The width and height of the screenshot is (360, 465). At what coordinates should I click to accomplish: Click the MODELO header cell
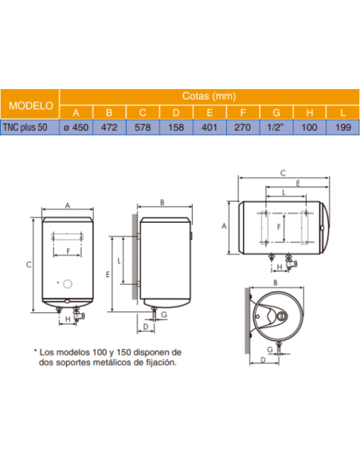tap(30, 104)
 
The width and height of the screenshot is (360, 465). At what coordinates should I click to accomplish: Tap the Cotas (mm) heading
tap(209, 96)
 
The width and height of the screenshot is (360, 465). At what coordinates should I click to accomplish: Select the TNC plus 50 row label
tap(30, 126)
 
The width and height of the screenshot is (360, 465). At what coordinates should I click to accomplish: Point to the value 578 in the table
tap(143, 126)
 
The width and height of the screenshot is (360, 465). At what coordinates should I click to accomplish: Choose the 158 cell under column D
tap(176, 126)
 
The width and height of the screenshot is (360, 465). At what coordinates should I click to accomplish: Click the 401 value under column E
tap(209, 126)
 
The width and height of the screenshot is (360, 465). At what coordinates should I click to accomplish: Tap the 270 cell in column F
tap(243, 126)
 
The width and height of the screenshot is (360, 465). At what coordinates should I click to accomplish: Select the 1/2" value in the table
tap(276, 126)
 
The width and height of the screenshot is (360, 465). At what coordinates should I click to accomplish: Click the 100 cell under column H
tap(310, 126)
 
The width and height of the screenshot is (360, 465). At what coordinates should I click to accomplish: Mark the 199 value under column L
tap(342, 126)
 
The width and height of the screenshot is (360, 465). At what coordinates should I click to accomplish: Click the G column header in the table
tap(276, 111)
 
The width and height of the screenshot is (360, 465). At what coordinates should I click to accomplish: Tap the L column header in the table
tap(342, 111)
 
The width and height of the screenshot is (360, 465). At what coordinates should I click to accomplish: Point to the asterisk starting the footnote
tap(35, 351)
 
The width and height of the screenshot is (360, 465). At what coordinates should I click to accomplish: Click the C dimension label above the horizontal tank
tap(283, 173)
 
